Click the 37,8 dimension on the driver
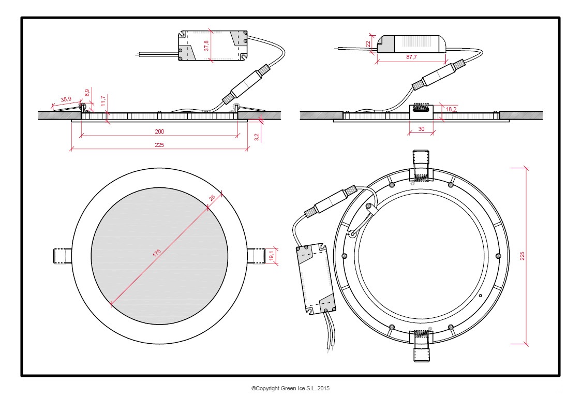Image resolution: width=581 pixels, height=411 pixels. pos(206,46)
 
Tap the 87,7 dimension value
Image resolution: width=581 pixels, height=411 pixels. pos(411,57)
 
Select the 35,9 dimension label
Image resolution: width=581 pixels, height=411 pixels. pos(66,99)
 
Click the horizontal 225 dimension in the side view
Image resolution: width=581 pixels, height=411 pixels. pos(159,145)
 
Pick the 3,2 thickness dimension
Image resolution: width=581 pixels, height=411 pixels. pos(257,137)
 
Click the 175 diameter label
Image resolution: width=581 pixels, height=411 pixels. pos(157,252)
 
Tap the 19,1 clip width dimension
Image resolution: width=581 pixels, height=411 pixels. pos(271,256)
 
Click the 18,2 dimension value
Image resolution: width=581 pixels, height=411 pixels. pos(451,109)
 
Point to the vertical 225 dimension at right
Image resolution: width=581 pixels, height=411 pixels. pos(523,256)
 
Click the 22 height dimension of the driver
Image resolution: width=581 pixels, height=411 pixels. pos(368,45)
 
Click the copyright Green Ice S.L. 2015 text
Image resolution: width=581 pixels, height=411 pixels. pos(290,388)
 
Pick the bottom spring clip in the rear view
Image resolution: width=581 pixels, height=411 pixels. pos(422,346)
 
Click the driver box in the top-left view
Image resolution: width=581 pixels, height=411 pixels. pos(212,46)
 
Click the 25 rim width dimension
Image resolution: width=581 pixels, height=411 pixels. pos(212,198)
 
